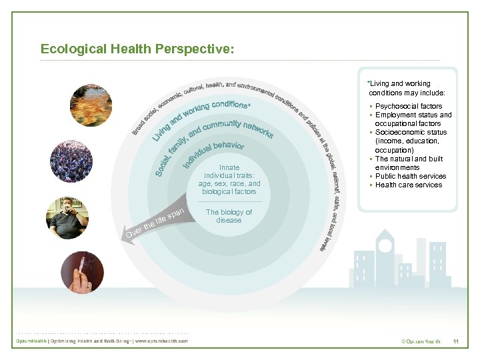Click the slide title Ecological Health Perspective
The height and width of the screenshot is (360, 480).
(x=137, y=49)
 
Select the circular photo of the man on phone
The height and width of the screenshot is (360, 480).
(x=67, y=217)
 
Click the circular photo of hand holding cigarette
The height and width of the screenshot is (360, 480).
(x=82, y=272)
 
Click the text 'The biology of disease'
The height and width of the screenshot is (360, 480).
(x=229, y=216)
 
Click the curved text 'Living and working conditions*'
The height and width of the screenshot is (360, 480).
(x=200, y=117)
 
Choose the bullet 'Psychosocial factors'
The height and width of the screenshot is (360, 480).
(x=408, y=106)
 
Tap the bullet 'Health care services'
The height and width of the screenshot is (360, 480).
(x=408, y=185)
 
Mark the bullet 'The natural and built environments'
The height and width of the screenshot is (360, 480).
(x=408, y=163)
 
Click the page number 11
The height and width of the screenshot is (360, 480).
(x=456, y=341)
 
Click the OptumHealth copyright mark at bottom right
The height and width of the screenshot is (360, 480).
(x=420, y=341)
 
